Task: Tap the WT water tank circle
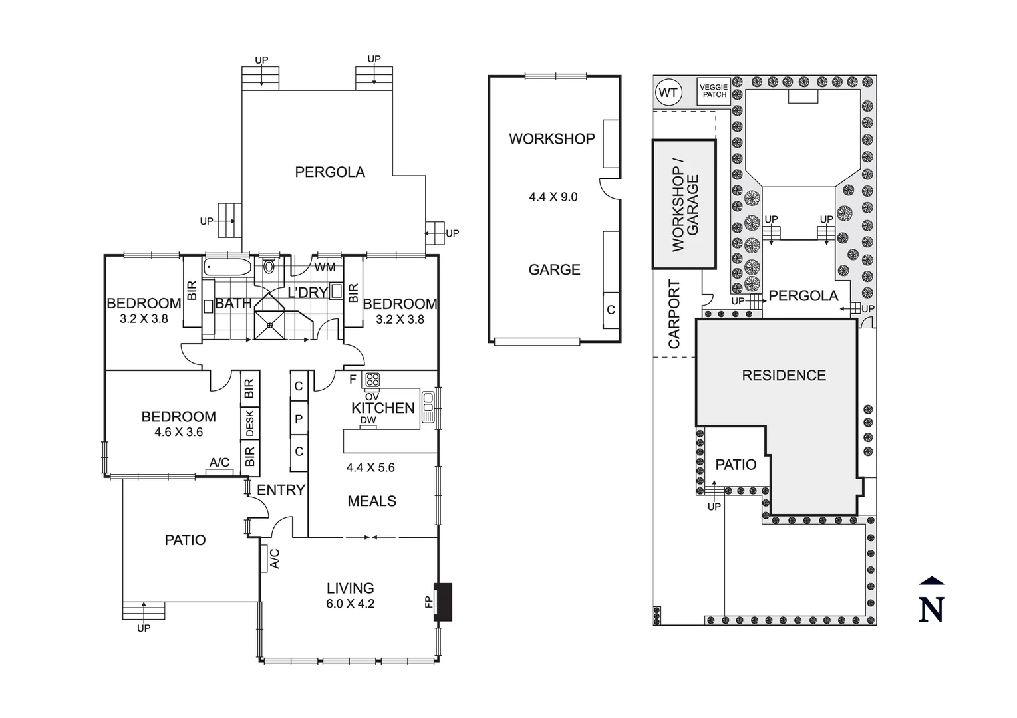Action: tap(668, 92)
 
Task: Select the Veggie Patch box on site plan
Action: tap(714, 91)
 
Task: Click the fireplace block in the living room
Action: tap(443, 602)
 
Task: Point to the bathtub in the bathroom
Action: tap(228, 268)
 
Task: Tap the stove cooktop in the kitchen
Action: tap(372, 380)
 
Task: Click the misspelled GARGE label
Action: tap(554, 269)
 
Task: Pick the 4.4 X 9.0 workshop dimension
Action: tap(553, 197)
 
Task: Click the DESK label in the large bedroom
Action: tap(250, 423)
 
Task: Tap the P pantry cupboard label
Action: tap(299, 419)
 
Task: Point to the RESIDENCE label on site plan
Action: tap(784, 375)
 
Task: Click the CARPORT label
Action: tap(674, 314)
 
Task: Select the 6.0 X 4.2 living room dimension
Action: tap(350, 604)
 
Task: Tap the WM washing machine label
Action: tap(325, 267)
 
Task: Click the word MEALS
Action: tap(372, 501)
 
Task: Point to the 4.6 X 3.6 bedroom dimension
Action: tap(178, 432)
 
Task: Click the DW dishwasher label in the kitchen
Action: tap(368, 420)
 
